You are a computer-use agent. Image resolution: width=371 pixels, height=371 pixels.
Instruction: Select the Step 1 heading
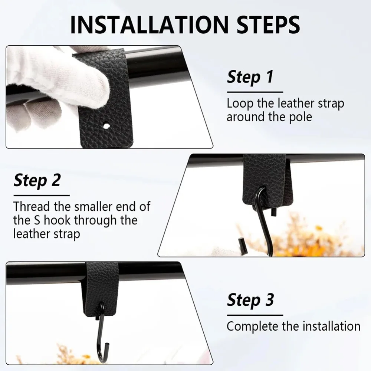point(250,77)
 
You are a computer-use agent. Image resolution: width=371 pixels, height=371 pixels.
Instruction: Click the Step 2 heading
point(37,181)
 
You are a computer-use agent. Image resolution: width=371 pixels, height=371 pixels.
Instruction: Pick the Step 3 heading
point(250,300)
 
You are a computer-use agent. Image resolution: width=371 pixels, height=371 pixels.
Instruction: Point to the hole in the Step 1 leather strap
point(106,125)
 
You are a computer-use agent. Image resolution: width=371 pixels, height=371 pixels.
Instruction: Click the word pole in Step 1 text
point(301,117)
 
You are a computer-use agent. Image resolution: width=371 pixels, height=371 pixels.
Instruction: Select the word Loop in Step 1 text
point(240,104)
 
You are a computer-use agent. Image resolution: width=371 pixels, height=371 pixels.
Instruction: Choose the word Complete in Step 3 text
point(252,326)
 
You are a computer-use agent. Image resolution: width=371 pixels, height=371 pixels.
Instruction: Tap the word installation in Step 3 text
point(331,326)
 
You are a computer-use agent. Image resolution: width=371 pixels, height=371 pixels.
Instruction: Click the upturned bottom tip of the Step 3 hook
point(108,345)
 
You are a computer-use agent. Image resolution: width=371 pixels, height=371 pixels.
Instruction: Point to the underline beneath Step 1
point(255,92)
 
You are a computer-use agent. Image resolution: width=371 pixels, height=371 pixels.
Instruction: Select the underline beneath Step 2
point(42,196)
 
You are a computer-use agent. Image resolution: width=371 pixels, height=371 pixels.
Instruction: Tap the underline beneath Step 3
point(255,315)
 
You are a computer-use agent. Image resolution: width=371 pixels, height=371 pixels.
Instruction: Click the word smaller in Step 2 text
point(93,206)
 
